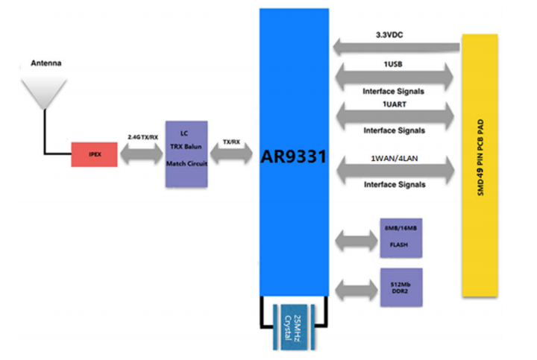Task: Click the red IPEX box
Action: (x=94, y=154)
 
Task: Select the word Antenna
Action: (x=46, y=63)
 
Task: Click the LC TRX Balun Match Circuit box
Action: (x=186, y=154)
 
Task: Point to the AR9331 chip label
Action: (x=294, y=157)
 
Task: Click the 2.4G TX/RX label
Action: (x=142, y=137)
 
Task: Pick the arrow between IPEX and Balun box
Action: (x=142, y=154)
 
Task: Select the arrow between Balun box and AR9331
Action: (x=231, y=154)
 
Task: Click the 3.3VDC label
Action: (x=389, y=35)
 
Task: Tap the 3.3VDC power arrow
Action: (x=396, y=47)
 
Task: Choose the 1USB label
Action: (x=393, y=64)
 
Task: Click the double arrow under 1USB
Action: (x=395, y=78)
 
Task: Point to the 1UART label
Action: (x=395, y=104)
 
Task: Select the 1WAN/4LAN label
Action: (x=395, y=159)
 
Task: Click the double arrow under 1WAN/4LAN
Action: (x=395, y=170)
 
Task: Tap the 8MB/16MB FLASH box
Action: (x=401, y=238)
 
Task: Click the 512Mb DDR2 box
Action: (x=401, y=288)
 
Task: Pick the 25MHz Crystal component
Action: (x=294, y=327)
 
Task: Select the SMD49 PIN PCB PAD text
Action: (x=480, y=157)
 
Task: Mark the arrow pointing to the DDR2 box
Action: (x=357, y=290)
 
